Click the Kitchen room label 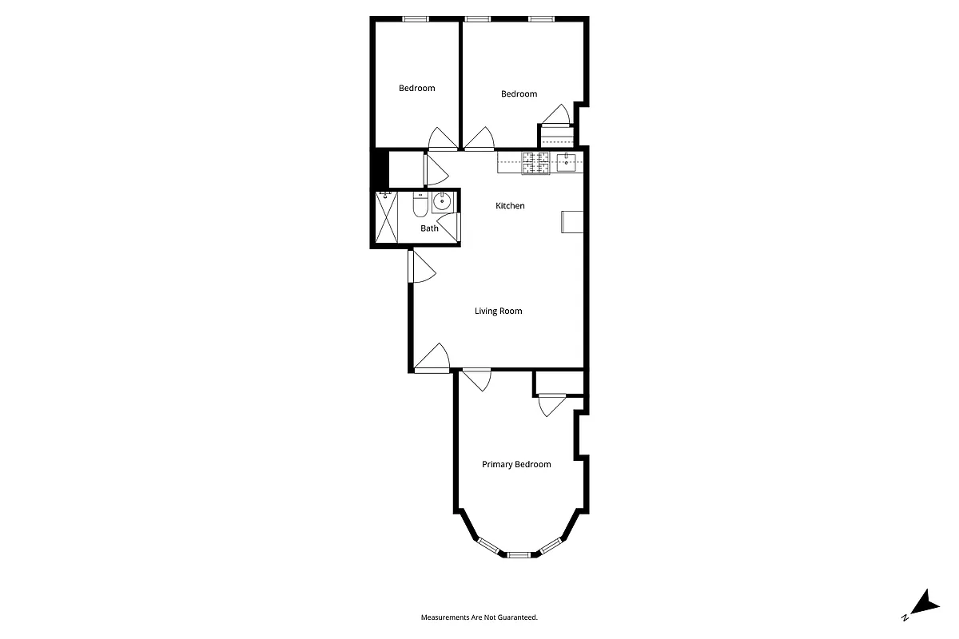click(x=510, y=206)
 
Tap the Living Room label click(x=499, y=311)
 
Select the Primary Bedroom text click(x=516, y=464)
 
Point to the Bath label click(x=430, y=228)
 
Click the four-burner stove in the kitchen click(x=536, y=163)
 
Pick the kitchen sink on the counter click(x=567, y=164)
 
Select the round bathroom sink click(x=442, y=203)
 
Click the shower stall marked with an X click(x=388, y=217)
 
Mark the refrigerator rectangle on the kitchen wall click(x=573, y=221)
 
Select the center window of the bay click(x=519, y=554)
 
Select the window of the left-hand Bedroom click(x=414, y=19)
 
